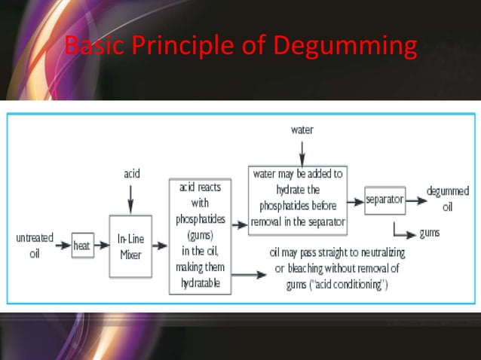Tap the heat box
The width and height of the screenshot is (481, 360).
point(81,245)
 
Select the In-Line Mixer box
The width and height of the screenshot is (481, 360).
point(130,245)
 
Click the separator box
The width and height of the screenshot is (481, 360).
point(384,200)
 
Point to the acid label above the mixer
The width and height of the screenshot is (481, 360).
point(130,173)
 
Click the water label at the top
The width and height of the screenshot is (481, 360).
point(302,130)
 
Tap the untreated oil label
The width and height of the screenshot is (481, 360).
point(35,245)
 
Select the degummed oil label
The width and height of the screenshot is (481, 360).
point(447,200)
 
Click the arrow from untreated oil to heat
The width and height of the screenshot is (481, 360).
point(62,245)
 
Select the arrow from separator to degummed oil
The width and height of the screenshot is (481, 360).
point(415,200)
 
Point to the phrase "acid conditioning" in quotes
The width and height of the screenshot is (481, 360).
point(348,282)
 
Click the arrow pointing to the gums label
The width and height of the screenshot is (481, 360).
point(403,233)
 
